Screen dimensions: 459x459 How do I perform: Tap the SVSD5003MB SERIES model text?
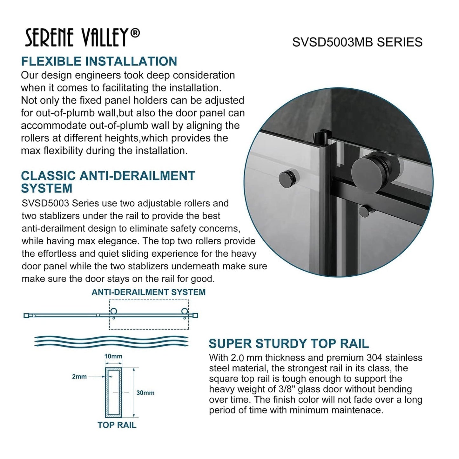(357, 42)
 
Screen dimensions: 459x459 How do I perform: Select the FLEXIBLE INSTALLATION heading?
(99, 61)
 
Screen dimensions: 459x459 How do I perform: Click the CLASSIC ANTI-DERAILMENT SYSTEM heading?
(108, 182)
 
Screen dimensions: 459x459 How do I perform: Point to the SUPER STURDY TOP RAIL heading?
(288, 344)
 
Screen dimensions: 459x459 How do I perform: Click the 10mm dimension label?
(113, 356)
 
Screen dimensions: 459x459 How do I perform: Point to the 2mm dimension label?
(79, 377)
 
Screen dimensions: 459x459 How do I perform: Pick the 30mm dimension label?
(145, 393)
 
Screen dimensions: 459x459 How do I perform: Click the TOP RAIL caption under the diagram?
(117, 425)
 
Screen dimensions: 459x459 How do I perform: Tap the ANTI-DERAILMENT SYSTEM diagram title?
(148, 292)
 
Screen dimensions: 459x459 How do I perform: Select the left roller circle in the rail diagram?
(113, 311)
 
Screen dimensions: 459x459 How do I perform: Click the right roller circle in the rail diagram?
(184, 311)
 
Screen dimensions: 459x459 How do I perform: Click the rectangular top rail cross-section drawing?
(113, 393)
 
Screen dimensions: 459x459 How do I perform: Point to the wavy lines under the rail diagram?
(111, 341)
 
